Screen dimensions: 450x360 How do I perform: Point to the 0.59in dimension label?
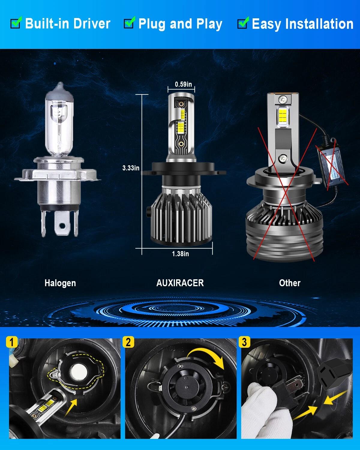183,84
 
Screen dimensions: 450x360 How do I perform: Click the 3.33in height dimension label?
131,168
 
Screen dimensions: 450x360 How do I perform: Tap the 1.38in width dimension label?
180,254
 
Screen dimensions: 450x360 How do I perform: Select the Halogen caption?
60,283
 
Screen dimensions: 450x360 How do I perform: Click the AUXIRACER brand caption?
180,283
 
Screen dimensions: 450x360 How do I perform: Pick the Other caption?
289,283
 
